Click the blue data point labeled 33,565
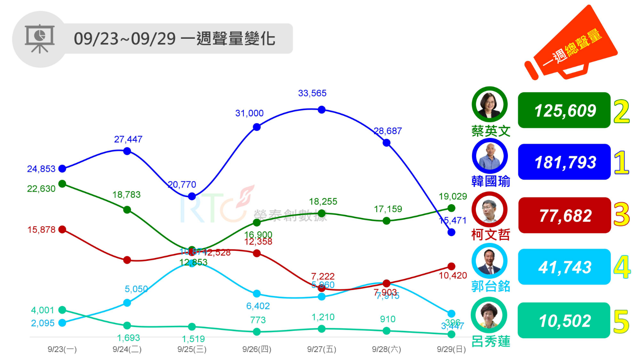point(321,110)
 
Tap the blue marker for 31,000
point(257,127)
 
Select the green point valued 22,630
point(62,184)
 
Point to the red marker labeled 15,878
point(62,230)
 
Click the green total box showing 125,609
point(564,110)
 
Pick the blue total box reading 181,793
point(564,162)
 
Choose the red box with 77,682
point(564,215)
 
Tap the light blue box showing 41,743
point(564,267)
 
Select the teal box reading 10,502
point(564,320)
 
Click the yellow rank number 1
point(621,162)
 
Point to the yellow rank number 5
point(621,322)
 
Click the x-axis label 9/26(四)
point(257,349)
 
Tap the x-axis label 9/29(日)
point(451,349)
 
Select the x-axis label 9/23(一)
point(62,349)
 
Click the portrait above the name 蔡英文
point(490,104)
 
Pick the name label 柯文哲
point(490,235)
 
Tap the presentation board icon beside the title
point(40,39)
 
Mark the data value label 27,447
point(128,140)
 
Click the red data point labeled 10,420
point(451,266)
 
